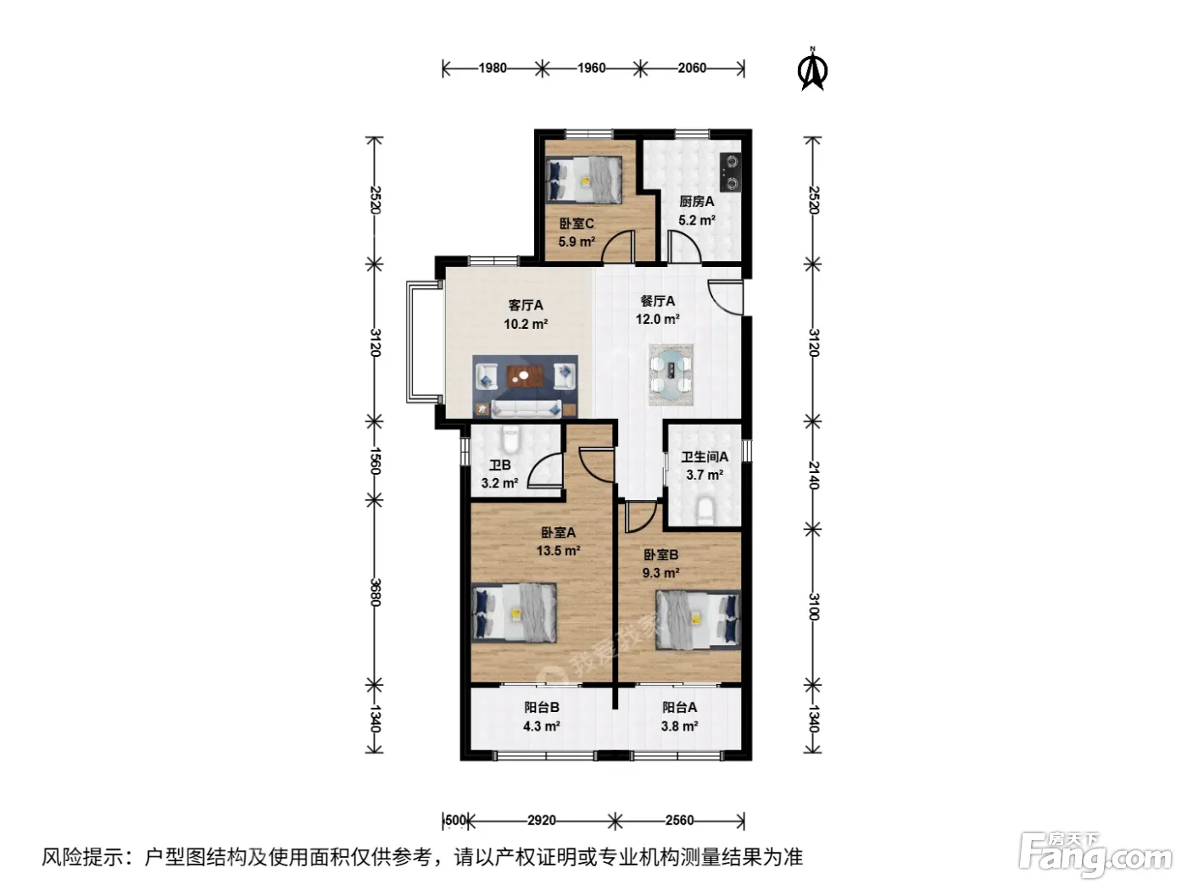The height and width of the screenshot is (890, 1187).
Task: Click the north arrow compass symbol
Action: pos(812,70)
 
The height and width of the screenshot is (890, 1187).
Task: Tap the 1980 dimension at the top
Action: pos(492,68)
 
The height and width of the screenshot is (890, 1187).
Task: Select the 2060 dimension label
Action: pos(692,68)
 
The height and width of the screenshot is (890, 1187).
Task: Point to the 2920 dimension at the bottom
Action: pos(541,820)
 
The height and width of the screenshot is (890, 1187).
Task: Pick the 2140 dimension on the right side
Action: pos(814,475)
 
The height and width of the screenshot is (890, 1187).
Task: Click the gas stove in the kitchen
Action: pos(731,172)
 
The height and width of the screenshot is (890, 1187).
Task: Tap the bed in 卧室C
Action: pos(583,180)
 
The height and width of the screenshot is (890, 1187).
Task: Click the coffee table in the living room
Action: pos(525,376)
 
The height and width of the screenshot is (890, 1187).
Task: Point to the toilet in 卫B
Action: pos(510,439)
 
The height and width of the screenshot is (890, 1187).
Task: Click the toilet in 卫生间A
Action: pos(705,511)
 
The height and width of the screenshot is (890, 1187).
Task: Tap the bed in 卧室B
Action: pos(698,620)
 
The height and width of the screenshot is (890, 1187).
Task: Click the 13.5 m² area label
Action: pos(558,551)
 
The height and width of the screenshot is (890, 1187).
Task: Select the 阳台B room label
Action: pos(541,708)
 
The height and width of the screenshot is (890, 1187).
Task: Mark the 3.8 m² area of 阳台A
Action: pos(679,726)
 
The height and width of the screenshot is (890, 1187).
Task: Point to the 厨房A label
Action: pos(697,202)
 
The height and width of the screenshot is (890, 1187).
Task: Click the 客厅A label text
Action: pos(526,305)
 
